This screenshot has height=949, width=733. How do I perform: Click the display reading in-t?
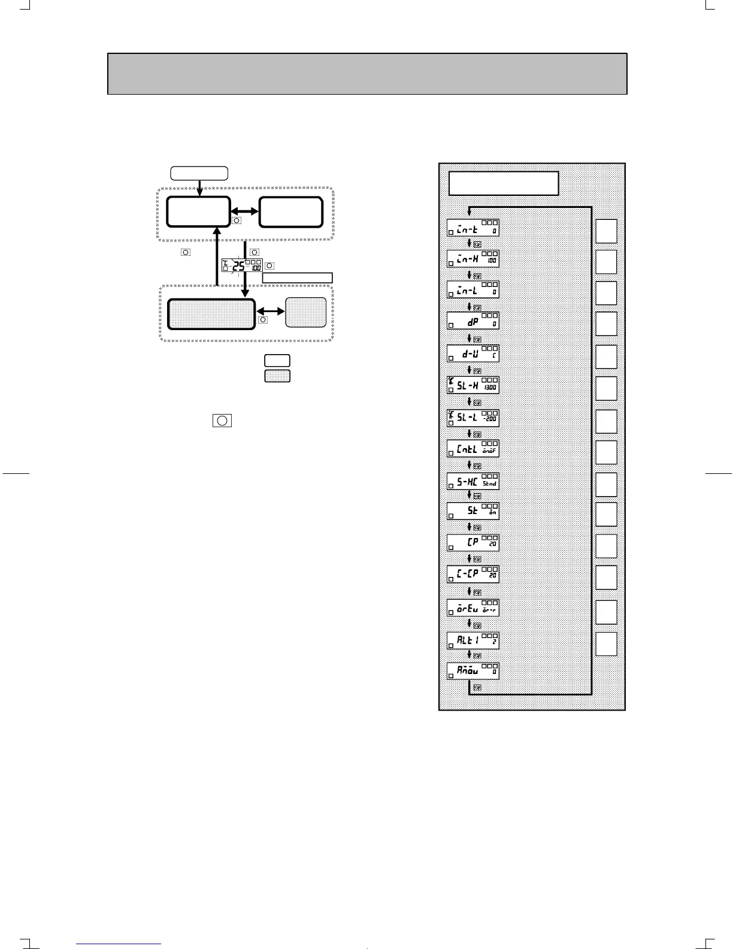point(473,228)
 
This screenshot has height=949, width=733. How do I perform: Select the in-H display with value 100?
point(473,259)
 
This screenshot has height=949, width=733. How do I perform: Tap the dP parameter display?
point(473,321)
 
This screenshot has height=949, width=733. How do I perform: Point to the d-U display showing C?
point(473,353)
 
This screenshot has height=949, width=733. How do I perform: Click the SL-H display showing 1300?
point(473,385)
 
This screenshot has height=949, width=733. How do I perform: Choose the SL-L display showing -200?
point(473,418)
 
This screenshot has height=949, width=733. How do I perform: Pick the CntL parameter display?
point(473,449)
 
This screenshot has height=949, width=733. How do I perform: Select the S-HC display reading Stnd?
point(473,481)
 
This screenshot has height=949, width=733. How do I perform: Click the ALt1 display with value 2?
point(473,640)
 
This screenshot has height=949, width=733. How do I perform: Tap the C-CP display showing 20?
point(473,574)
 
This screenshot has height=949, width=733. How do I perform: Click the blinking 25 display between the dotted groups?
point(242,266)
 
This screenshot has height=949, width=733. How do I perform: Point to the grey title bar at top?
point(367,74)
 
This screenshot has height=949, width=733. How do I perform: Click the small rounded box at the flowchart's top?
point(199,173)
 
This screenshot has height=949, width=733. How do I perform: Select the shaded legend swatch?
point(277,376)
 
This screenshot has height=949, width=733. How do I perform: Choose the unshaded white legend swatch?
point(277,361)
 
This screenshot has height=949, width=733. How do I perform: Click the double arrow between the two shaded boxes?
point(271,312)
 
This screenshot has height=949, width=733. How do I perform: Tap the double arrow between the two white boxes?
point(244,211)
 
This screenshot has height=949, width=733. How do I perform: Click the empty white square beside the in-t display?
point(606,231)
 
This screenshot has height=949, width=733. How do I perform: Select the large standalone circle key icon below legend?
point(222,420)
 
